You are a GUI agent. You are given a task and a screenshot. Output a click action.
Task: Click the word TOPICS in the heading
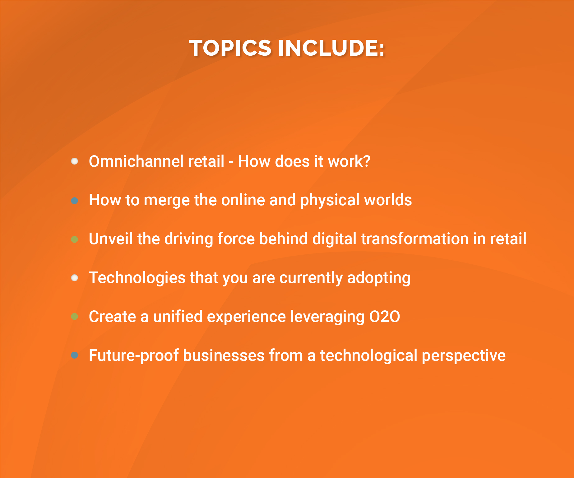click(230, 48)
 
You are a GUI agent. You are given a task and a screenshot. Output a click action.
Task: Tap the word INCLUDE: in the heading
click(331, 48)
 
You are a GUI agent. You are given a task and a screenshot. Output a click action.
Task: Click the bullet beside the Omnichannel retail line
click(75, 161)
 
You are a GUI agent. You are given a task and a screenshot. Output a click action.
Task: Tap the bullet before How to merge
click(75, 201)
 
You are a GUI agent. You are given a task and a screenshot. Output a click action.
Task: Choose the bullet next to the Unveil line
click(75, 239)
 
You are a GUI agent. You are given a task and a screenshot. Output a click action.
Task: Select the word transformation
click(415, 239)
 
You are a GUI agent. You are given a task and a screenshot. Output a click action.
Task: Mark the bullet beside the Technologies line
click(75, 278)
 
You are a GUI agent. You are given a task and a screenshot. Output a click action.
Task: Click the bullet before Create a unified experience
click(75, 317)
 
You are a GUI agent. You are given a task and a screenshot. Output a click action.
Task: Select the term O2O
click(385, 317)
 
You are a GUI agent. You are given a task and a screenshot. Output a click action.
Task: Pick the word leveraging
click(327, 317)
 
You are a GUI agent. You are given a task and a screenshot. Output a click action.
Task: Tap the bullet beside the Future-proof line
click(75, 355)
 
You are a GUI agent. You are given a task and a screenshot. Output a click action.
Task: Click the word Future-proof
click(134, 355)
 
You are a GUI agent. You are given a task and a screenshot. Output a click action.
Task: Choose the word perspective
click(463, 356)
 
